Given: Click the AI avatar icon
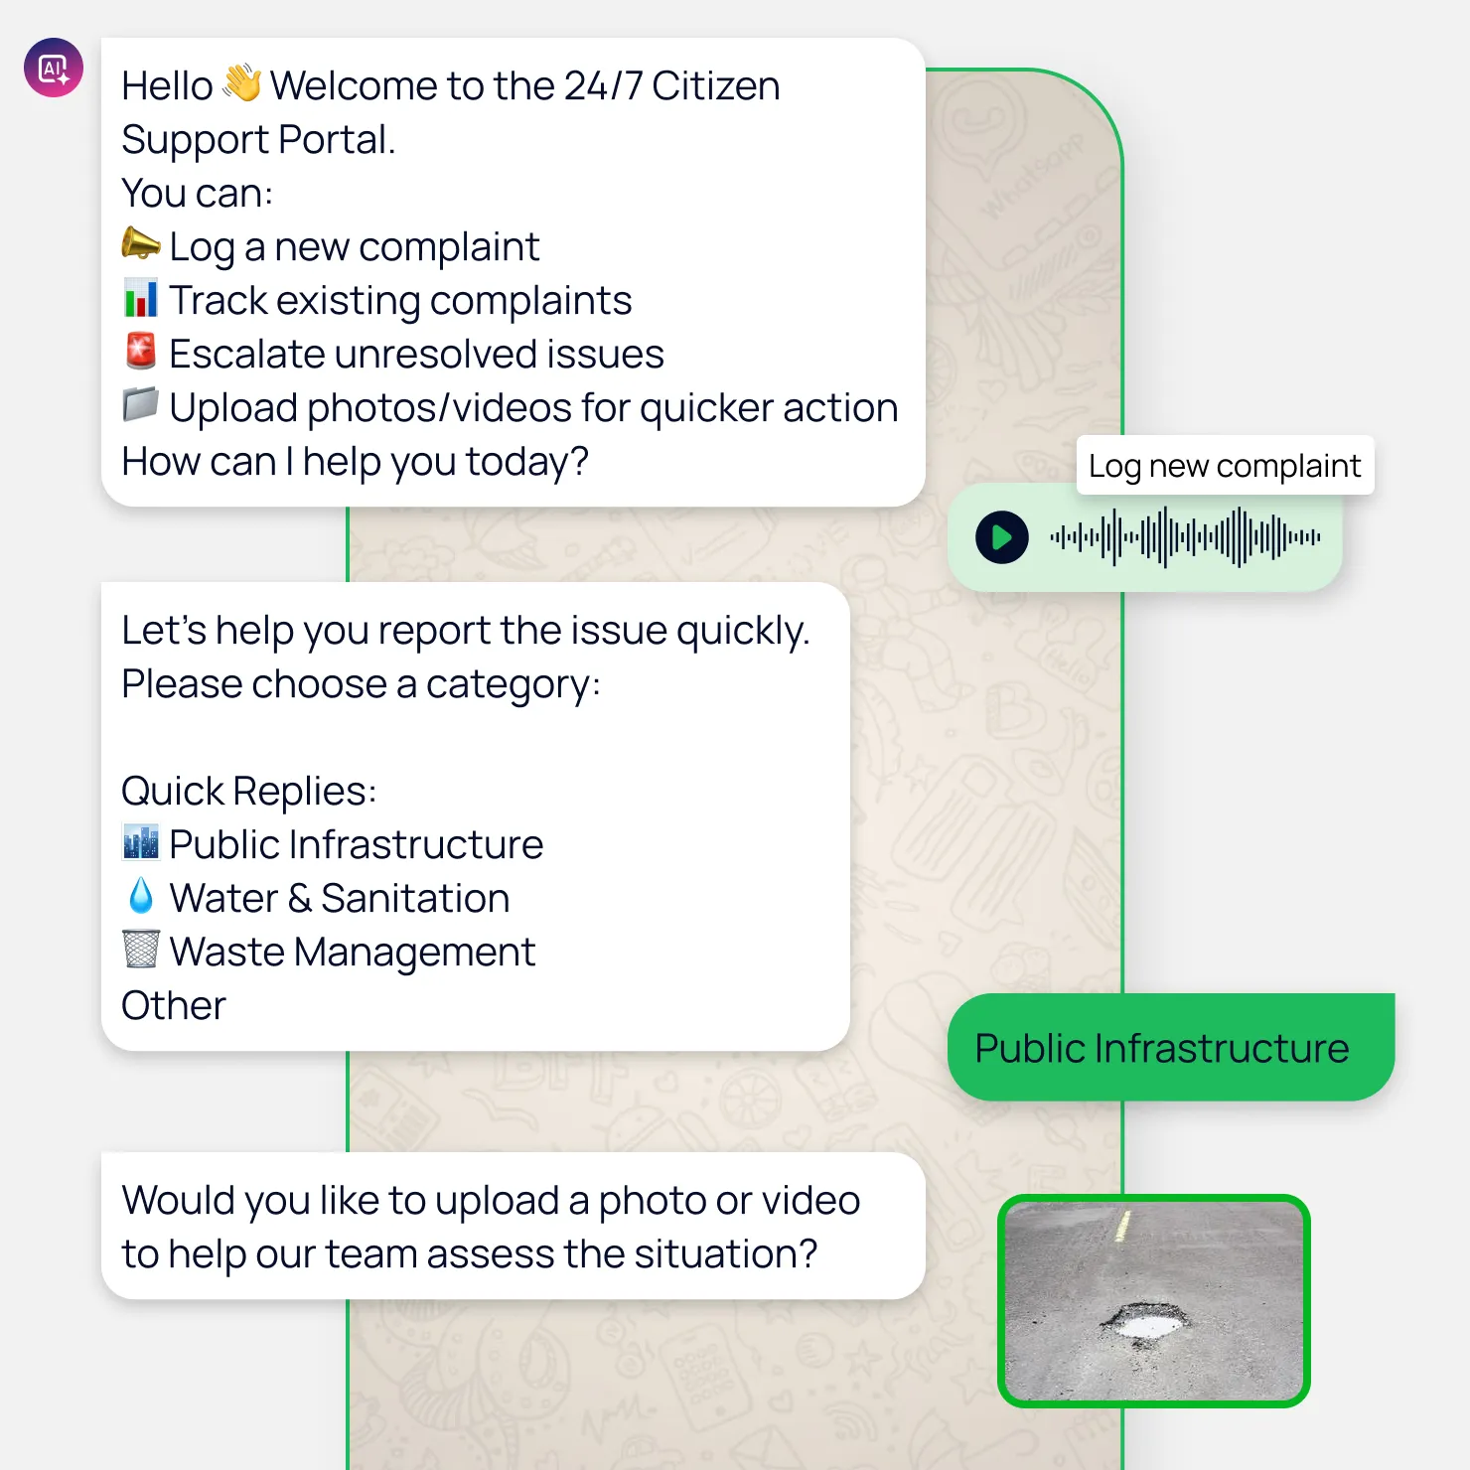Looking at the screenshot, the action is click(x=54, y=68).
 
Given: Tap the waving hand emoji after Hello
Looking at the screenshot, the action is click(x=241, y=83).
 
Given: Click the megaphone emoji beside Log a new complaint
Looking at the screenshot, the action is click(x=140, y=243).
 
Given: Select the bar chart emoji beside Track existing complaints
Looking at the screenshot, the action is click(x=140, y=298).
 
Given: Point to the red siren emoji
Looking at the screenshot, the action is click(x=140, y=351).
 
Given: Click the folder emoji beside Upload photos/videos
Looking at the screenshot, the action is click(x=140, y=404).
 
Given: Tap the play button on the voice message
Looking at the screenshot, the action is click(x=1002, y=537).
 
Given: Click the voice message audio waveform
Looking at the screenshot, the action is click(x=1185, y=537).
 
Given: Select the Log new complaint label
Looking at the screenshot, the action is click(x=1225, y=465).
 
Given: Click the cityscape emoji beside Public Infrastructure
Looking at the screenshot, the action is click(x=140, y=842).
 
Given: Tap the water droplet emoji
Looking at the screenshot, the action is click(x=141, y=896).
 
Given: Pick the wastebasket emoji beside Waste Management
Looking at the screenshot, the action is click(x=140, y=949).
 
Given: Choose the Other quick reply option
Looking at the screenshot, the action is click(x=174, y=1005).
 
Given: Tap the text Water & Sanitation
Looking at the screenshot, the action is click(x=340, y=898).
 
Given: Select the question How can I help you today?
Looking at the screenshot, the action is click(x=355, y=462).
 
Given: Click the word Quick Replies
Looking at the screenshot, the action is click(x=248, y=791).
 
